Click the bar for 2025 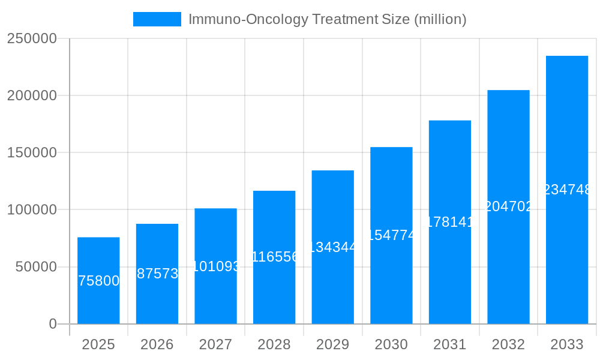[x=98, y=281]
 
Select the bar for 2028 [x=274, y=257]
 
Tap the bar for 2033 [x=567, y=190]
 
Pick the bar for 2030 [x=391, y=235]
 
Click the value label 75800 [x=99, y=281]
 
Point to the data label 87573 [x=157, y=274]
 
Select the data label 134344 [x=333, y=247]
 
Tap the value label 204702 [x=508, y=206]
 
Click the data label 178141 [x=450, y=222]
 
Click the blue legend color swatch [x=157, y=19]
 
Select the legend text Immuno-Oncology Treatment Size [x=327, y=19]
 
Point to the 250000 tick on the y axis [x=31, y=38]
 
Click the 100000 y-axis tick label [x=31, y=210]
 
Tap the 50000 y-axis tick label [x=36, y=267]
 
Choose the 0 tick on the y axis [x=52, y=324]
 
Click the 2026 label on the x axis [x=157, y=345]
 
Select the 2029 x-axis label [x=333, y=345]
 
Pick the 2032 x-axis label [x=508, y=345]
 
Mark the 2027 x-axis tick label [x=215, y=345]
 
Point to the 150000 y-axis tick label [x=31, y=153]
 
